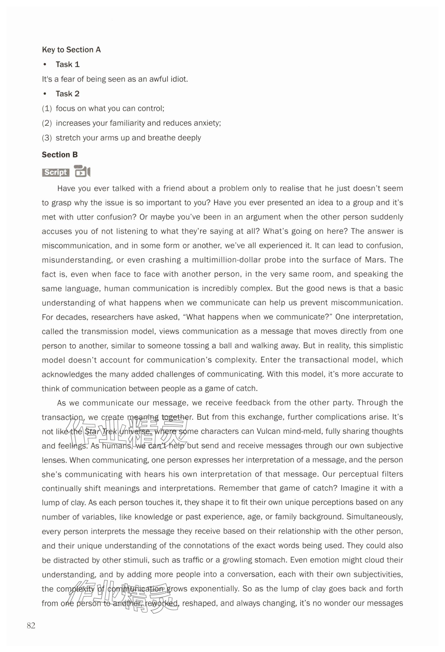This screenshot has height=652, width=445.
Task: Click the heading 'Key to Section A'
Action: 71,50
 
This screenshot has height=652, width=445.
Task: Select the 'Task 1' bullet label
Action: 68,65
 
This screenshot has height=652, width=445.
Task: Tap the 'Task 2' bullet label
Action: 68,94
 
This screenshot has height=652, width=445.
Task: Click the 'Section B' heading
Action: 60,155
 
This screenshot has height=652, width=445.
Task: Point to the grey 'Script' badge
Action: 55,172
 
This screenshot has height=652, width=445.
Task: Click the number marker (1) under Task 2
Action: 47,109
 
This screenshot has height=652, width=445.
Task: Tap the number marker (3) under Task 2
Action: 47,138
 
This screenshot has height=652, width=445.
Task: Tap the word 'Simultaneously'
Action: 374,517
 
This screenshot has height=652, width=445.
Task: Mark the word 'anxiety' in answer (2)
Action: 208,123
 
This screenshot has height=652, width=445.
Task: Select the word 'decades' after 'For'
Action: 71,317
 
